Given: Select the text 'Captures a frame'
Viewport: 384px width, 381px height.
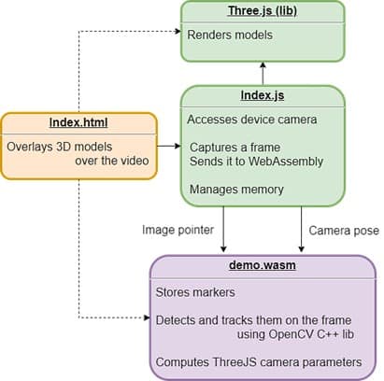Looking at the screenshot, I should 234,148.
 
